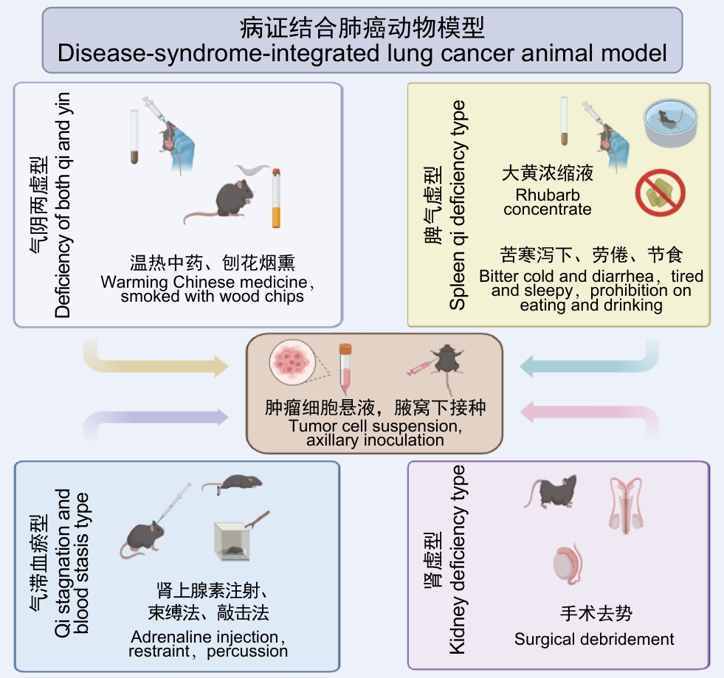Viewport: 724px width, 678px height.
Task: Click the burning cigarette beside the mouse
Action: pyautogui.click(x=276, y=198)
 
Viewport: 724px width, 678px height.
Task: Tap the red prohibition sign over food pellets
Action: pyautogui.click(x=660, y=193)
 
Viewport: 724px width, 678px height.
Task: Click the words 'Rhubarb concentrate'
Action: pyautogui.click(x=548, y=202)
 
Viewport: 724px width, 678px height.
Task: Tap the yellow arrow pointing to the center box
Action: pyautogui.click(x=156, y=361)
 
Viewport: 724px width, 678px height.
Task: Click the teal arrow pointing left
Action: pyautogui.click(x=589, y=361)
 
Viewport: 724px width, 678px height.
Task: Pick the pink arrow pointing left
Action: pyautogui.click(x=589, y=417)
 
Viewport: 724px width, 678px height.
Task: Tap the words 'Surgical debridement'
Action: pyautogui.click(x=594, y=639)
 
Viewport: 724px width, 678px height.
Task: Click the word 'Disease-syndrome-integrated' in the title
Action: pyautogui.click(x=218, y=53)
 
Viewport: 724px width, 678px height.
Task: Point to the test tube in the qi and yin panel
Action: pyautogui.click(x=134, y=136)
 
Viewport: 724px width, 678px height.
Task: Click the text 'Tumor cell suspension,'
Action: pyautogui.click(x=375, y=426)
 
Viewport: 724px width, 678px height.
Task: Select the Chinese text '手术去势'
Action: pyautogui.click(x=596, y=613)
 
